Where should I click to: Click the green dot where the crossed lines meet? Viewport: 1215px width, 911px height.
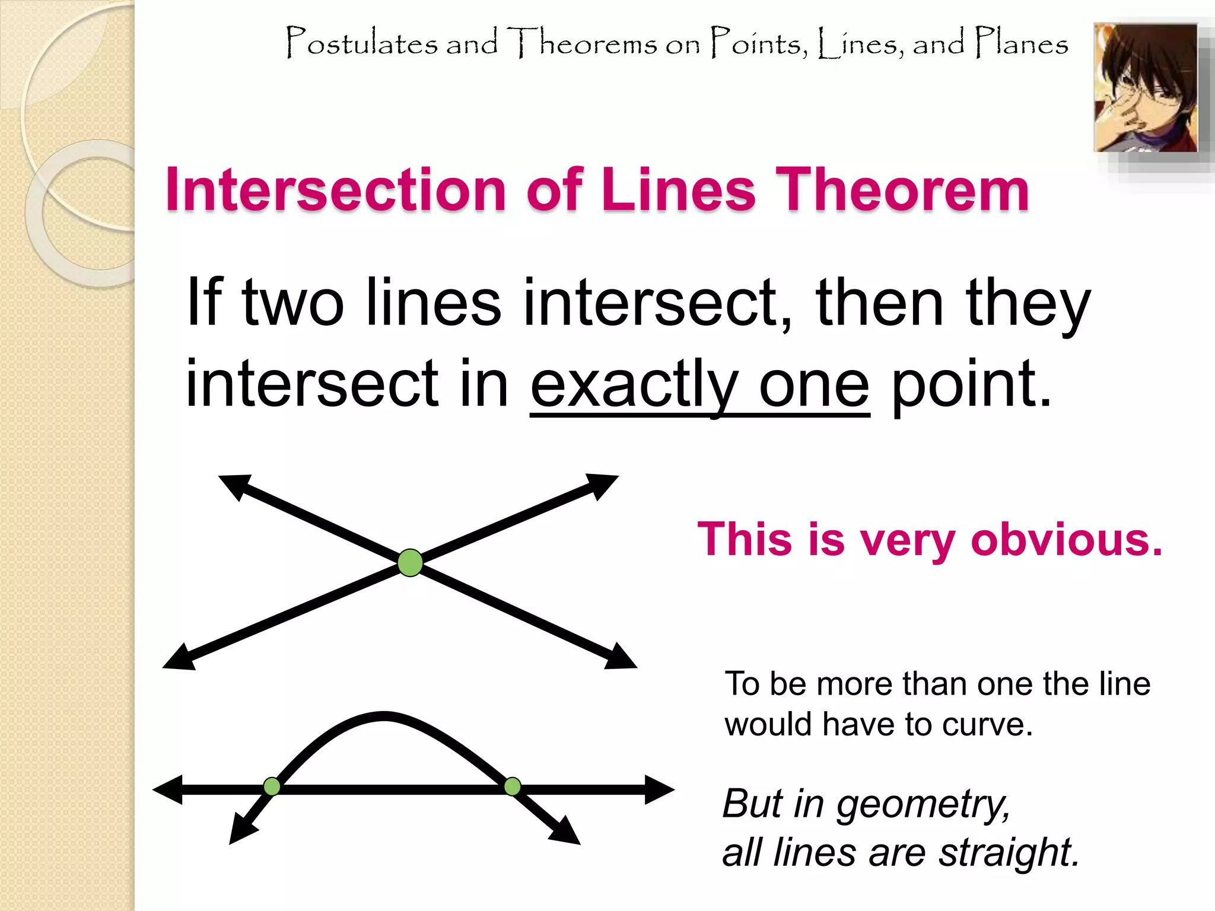tap(410, 563)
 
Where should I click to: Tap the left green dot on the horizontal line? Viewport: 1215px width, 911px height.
tap(272, 786)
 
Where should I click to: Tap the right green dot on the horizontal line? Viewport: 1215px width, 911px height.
tap(512, 787)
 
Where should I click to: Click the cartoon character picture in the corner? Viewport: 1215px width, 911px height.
tap(1146, 87)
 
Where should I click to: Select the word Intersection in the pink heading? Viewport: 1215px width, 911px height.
tap(335, 190)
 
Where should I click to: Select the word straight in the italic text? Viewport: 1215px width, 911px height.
tap(1008, 853)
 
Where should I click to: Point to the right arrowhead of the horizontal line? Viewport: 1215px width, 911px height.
tap(660, 789)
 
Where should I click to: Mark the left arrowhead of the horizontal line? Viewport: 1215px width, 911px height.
tap(167, 789)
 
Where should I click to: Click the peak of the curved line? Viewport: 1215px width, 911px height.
tap(384, 716)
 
